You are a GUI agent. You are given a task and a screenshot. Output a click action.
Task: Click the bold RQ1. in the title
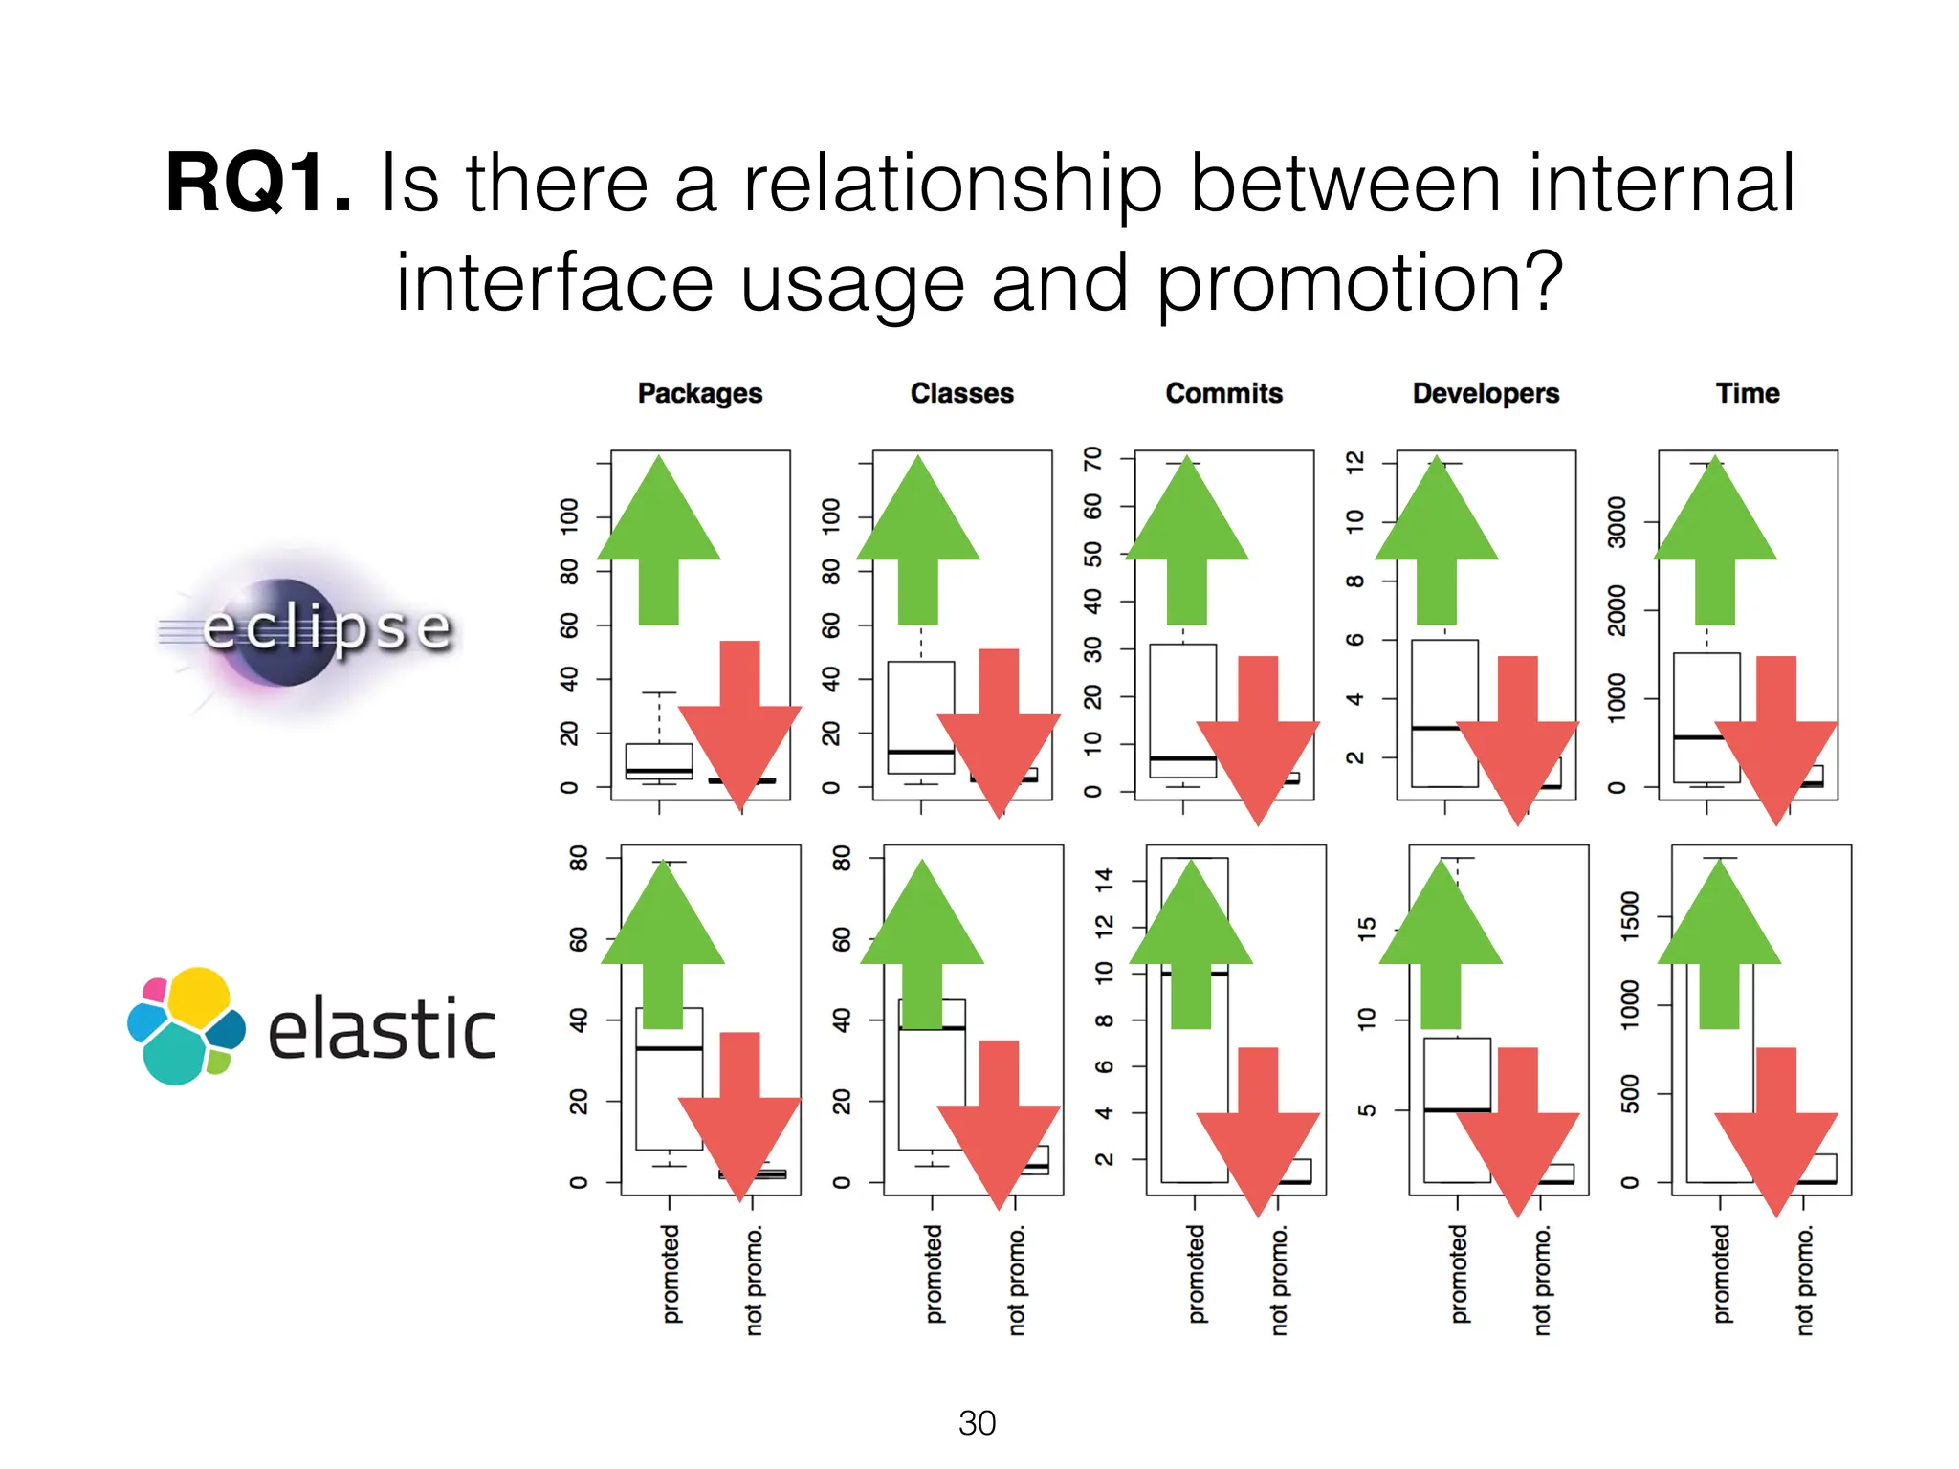[258, 184]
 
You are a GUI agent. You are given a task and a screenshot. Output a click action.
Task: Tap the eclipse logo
[306, 631]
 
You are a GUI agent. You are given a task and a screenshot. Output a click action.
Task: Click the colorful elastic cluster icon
[187, 1025]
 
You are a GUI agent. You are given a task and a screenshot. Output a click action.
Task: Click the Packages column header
[699, 393]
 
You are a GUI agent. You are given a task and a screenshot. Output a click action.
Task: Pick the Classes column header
[961, 393]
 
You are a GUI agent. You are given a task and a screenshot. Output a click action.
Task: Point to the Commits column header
[1223, 393]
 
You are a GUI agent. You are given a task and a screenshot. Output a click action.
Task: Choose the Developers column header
[1486, 393]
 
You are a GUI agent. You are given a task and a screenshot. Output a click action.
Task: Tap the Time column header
[1747, 393]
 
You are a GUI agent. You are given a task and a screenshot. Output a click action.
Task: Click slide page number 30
[977, 1423]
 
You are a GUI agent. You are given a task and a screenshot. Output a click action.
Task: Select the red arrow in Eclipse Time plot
[1776, 736]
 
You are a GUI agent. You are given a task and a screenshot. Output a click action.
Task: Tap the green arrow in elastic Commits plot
[1191, 942]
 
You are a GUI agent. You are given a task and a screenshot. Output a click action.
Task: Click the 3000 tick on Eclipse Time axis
[1617, 522]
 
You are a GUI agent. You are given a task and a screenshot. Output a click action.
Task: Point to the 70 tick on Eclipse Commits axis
[1092, 459]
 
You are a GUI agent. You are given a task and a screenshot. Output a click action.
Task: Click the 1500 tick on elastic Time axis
[1630, 916]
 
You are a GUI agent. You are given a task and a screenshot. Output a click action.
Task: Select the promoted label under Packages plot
[671, 1274]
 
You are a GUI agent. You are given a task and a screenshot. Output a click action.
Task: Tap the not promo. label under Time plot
[1804, 1282]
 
